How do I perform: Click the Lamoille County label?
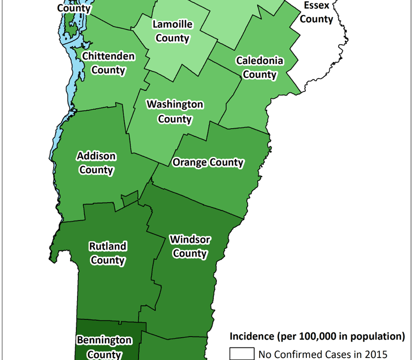pyautogui.click(x=172, y=31)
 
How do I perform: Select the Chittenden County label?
pyautogui.click(x=108, y=63)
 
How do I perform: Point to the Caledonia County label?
pyautogui.click(x=260, y=68)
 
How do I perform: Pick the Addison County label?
pyautogui.click(x=96, y=163)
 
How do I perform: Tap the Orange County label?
pyautogui.click(x=208, y=162)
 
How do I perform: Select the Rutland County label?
pyautogui.click(x=107, y=253)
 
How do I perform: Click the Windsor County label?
pyautogui.click(x=190, y=246)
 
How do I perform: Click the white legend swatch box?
pyautogui.click(x=241, y=354)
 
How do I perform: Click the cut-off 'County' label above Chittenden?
pyautogui.click(x=74, y=8)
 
